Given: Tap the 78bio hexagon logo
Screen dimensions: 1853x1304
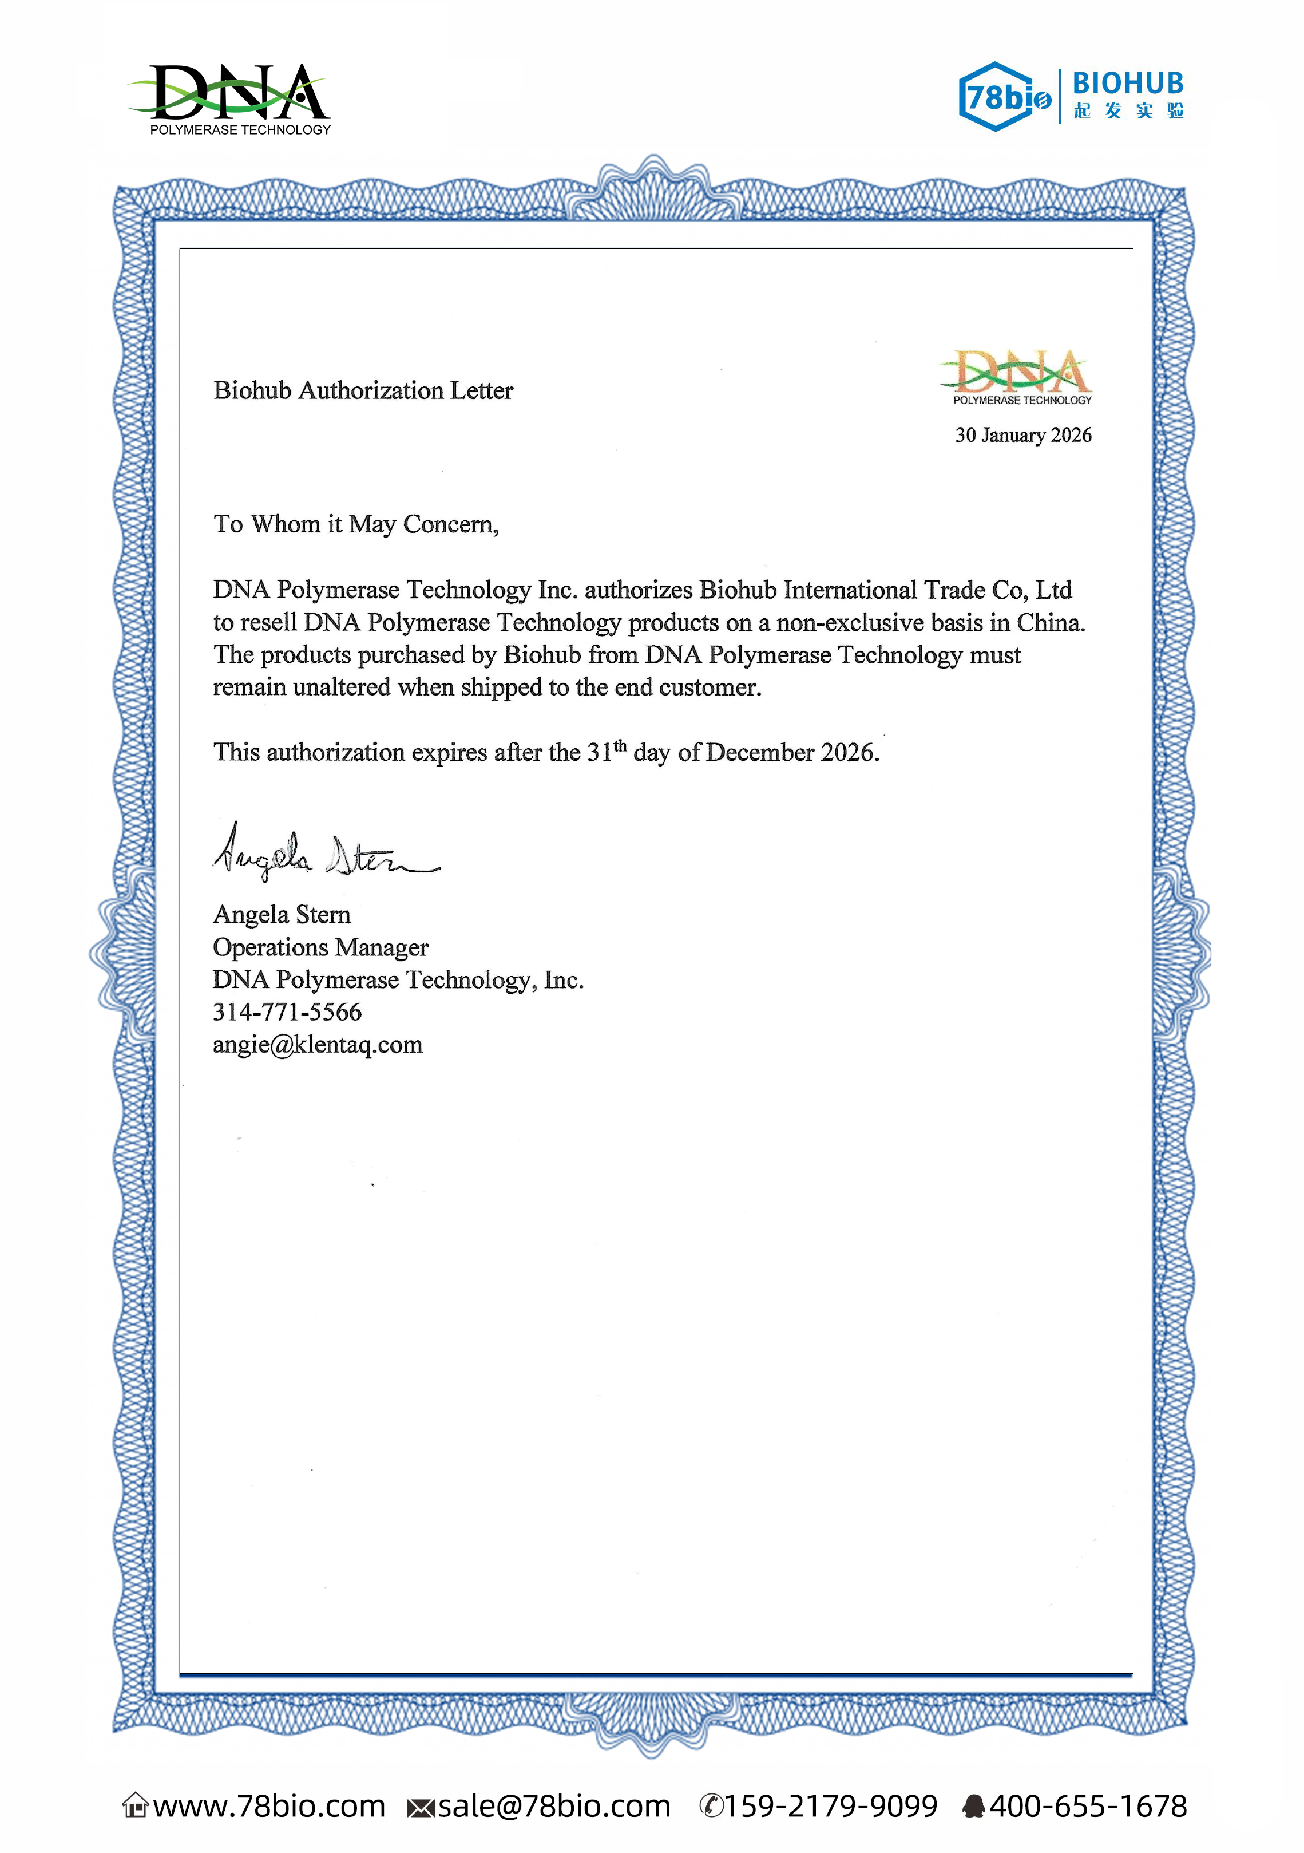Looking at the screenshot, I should click(1004, 97).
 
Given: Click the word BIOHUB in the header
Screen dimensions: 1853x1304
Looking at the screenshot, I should click(1127, 83).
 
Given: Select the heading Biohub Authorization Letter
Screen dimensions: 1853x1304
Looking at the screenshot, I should click(363, 390).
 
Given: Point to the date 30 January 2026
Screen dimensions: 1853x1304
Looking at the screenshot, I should click(1022, 435).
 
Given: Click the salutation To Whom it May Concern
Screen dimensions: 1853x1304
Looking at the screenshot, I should click(356, 524).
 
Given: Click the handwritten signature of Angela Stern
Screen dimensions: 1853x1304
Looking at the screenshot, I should click(323, 854).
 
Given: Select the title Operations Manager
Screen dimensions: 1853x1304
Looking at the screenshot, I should click(320, 947).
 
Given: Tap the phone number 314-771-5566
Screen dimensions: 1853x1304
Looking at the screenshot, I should click(287, 1012).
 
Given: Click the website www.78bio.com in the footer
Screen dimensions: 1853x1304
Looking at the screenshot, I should click(269, 1806).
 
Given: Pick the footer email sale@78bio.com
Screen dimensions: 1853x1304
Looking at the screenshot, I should click(553, 1806).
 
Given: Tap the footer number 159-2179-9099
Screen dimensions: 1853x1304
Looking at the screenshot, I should click(830, 1806).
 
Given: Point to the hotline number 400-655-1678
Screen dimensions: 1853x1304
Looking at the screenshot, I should click(1087, 1806).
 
